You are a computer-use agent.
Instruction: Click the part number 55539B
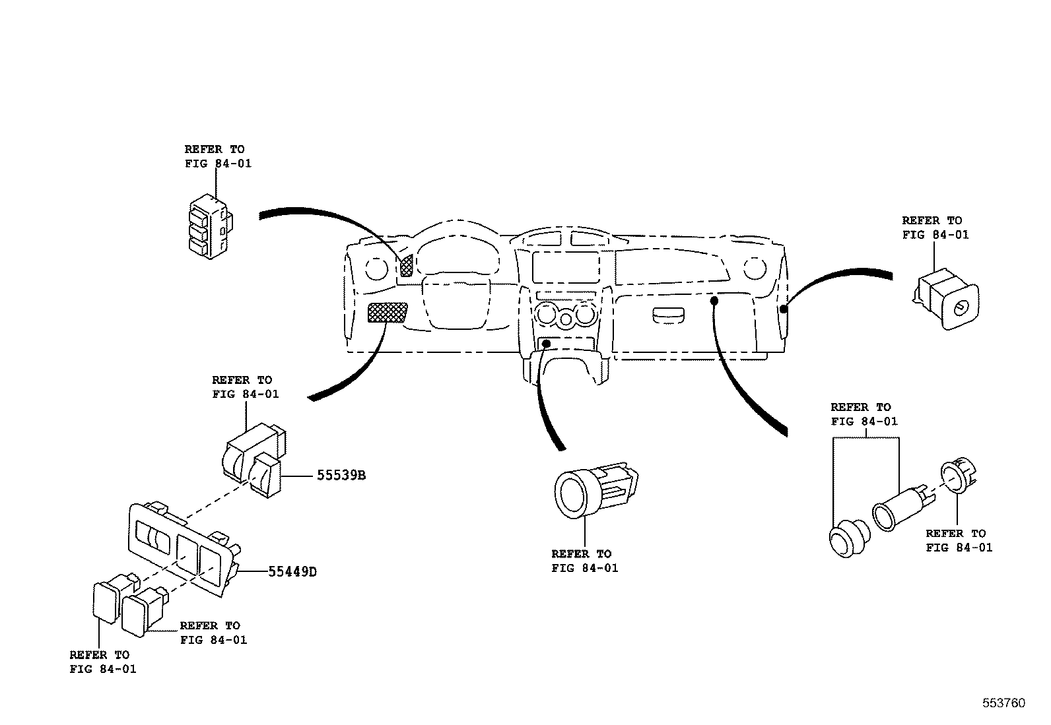tap(341, 475)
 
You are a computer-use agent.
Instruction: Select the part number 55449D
tap(292, 571)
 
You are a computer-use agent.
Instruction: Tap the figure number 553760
tap(1003, 703)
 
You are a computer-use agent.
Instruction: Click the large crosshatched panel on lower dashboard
tap(388, 312)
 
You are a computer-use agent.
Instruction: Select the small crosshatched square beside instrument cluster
tap(406, 265)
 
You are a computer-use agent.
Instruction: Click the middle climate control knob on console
tap(566, 321)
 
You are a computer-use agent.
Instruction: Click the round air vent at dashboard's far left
tap(376, 268)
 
